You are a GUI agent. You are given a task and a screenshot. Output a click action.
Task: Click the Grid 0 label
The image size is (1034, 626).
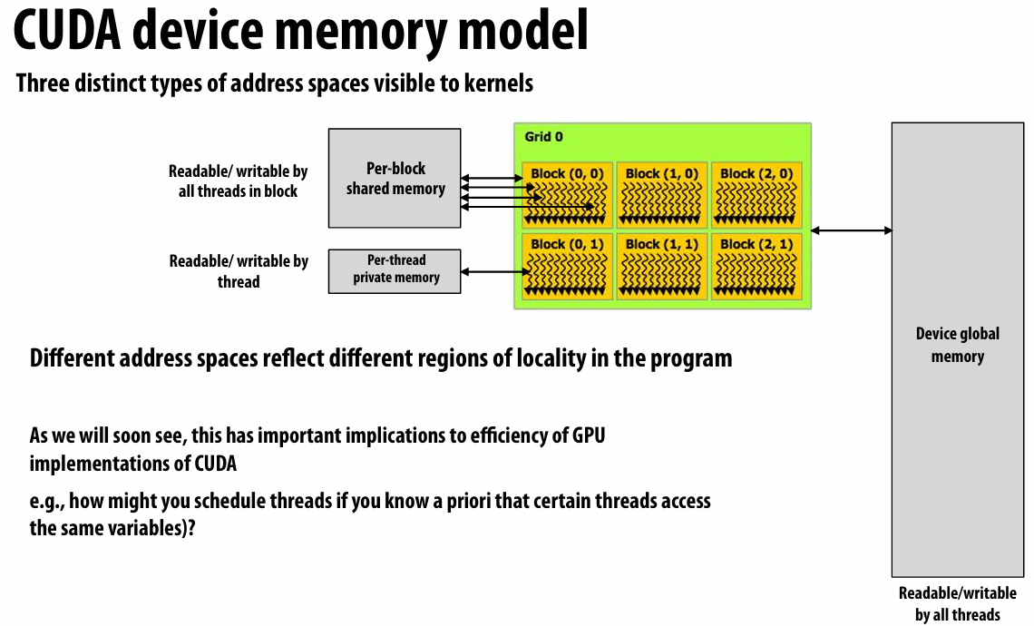[x=543, y=137]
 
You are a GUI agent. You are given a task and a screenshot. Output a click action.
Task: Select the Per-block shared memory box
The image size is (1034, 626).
[x=395, y=179]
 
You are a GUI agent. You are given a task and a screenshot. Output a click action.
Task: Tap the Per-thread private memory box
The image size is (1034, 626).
[x=395, y=270]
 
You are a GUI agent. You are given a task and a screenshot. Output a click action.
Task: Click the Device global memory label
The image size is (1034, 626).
[x=957, y=345]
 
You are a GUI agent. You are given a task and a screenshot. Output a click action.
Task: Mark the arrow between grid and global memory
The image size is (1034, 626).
[x=851, y=230]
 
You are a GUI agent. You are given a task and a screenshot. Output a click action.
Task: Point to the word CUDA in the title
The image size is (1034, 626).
[x=68, y=32]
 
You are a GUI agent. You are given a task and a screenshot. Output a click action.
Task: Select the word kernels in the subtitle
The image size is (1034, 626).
[x=497, y=84]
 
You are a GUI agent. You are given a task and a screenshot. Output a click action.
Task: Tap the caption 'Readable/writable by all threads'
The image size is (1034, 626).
[x=957, y=604]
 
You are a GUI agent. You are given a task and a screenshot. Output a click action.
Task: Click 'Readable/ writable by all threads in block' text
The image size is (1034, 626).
[x=238, y=181]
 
